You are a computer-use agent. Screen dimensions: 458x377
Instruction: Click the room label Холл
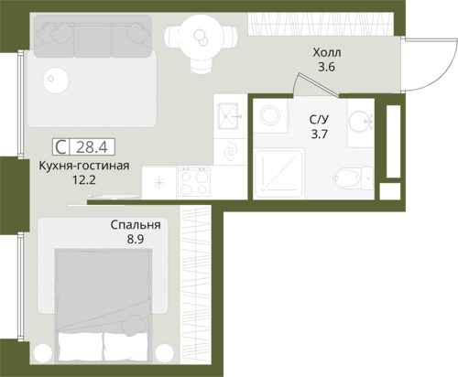point(327,53)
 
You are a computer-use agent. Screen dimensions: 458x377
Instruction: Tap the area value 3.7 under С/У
point(319,134)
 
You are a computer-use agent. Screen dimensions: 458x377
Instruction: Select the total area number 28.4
point(92,147)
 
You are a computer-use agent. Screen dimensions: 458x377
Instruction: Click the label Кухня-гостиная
point(84,166)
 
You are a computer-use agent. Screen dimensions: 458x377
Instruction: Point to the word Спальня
point(136,225)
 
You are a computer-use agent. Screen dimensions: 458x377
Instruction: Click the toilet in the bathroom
point(353,178)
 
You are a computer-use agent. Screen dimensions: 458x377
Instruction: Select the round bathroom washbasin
point(360,122)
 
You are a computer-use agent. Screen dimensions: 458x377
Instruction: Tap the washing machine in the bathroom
point(270,116)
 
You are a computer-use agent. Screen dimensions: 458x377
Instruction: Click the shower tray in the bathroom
point(278,173)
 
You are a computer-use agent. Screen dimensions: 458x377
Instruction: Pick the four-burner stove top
point(194,181)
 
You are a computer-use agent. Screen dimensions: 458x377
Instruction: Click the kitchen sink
point(228,116)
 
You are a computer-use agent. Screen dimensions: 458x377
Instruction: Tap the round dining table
point(201,38)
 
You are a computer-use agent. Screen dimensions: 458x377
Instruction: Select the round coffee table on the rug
point(56,80)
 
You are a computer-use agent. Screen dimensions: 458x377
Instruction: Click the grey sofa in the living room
point(93,37)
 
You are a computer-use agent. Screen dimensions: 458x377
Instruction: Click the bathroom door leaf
point(319,85)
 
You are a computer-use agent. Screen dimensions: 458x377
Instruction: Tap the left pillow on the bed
point(80,347)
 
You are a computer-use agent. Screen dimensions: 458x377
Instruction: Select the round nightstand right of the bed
point(165,353)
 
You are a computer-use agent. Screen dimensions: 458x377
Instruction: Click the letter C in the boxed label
point(60,147)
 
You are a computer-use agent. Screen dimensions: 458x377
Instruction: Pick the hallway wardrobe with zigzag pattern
point(321,24)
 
